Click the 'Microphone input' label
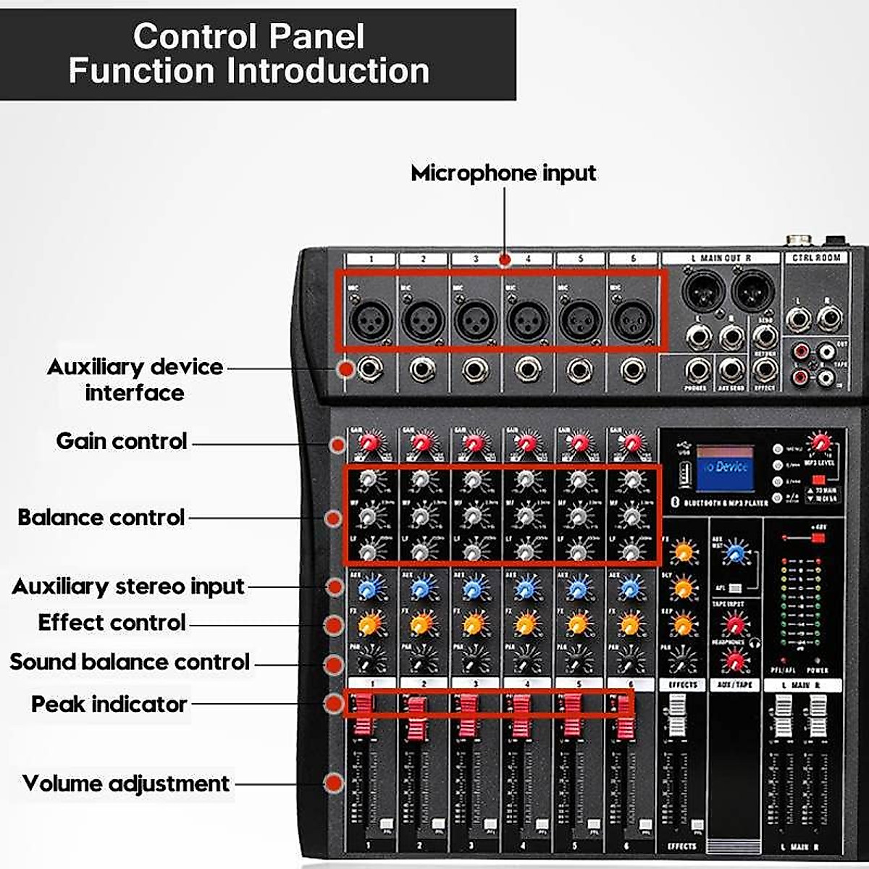click(x=503, y=173)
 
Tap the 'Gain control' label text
click(x=122, y=441)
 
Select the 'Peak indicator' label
click(x=109, y=704)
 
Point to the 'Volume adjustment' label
click(x=126, y=784)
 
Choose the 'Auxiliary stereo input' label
click(x=128, y=586)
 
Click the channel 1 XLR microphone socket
click(x=370, y=319)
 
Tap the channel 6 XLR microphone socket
click(x=632, y=319)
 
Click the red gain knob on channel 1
click(x=370, y=442)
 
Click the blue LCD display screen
click(x=725, y=467)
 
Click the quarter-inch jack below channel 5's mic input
click(x=579, y=370)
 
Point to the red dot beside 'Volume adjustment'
click(x=334, y=783)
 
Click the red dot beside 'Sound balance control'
click(x=335, y=664)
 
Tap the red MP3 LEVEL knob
click(x=820, y=442)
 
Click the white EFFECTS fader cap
click(x=677, y=714)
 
